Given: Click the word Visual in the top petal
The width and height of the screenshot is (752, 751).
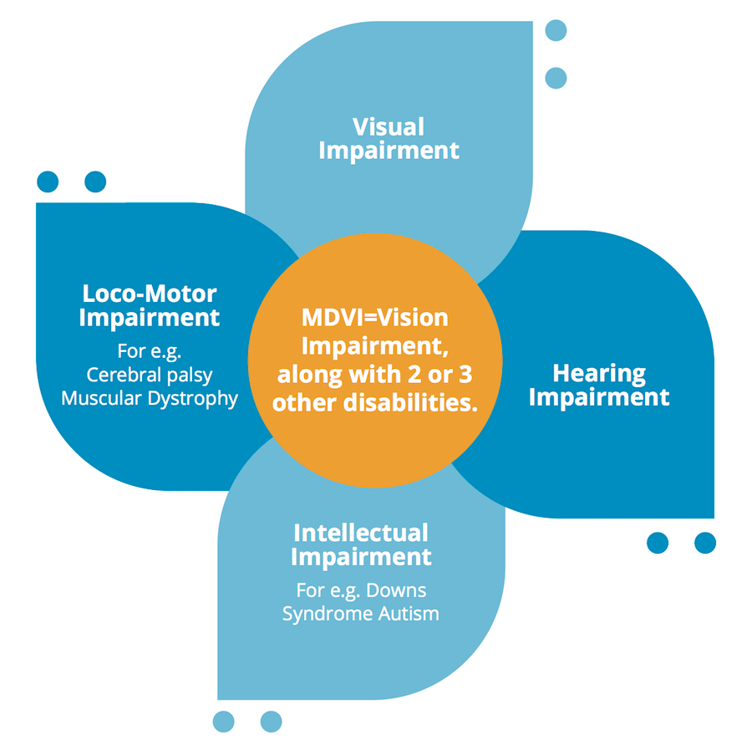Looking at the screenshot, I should [x=389, y=127].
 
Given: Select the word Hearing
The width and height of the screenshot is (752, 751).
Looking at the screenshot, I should [x=599, y=373].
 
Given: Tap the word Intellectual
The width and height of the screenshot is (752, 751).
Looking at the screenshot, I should [x=361, y=533].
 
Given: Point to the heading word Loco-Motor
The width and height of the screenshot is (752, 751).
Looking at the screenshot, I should [x=150, y=294].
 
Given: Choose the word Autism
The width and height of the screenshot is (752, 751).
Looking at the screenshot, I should [x=409, y=614].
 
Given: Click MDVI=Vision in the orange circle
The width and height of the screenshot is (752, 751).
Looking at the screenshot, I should [x=375, y=319].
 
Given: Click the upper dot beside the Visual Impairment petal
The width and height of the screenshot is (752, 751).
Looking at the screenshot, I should [x=556, y=31].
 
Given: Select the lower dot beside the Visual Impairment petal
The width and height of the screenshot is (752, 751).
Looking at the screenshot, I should [x=556, y=78].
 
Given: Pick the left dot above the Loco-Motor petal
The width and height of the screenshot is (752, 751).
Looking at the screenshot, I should [x=48, y=181].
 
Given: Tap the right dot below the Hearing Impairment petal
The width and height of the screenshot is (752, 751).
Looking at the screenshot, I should [x=705, y=543].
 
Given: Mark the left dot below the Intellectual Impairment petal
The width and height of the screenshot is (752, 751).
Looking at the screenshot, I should [x=223, y=721].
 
